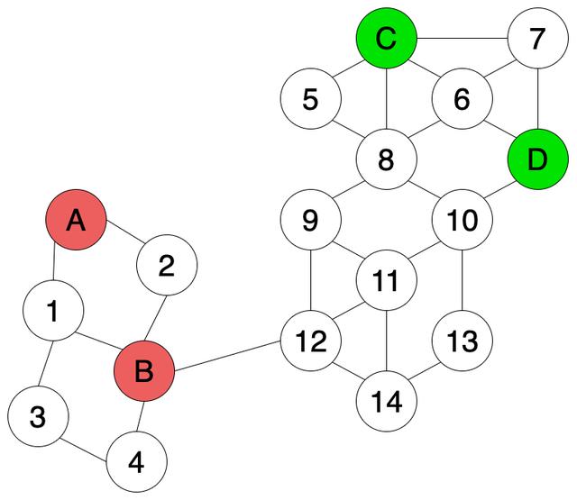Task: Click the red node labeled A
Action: coord(77,220)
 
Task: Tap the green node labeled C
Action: coord(386,39)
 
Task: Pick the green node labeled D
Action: coord(537,160)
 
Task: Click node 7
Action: coord(537,39)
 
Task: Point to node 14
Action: coord(386,401)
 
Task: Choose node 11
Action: coord(386,281)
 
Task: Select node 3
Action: coord(37,417)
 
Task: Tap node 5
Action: coord(310,99)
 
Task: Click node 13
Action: coord(462,341)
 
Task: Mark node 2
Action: coord(167,267)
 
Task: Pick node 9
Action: coord(310,220)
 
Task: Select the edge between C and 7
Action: coord(462,39)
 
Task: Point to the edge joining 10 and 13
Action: coord(462,281)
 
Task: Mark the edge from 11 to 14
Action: coord(386,341)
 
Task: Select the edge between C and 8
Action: coord(386,99)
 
